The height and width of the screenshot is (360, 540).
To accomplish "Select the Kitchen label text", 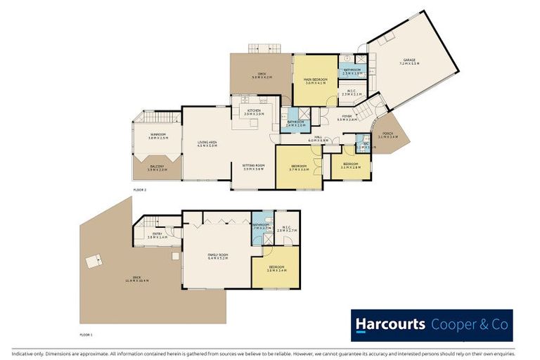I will tap(252, 112).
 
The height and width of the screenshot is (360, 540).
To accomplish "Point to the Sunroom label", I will tap(157, 136).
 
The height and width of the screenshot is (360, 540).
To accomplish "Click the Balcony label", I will tap(157, 167).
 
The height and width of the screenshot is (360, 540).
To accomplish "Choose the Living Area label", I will tap(207, 144).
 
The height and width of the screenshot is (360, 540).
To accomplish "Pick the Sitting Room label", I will tap(253, 167).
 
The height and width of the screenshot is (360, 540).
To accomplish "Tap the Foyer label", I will tap(347, 117).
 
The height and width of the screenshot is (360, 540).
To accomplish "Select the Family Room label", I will tap(217, 256).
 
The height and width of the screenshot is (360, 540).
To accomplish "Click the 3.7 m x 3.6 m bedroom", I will tap(300, 167).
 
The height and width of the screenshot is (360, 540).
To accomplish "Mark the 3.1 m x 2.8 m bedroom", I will tap(350, 166).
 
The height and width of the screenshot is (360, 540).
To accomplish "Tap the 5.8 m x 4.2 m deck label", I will tap(261, 75).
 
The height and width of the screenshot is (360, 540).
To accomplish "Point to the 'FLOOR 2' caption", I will tap(141, 190).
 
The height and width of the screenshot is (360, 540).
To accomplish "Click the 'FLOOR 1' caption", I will tap(86, 335).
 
